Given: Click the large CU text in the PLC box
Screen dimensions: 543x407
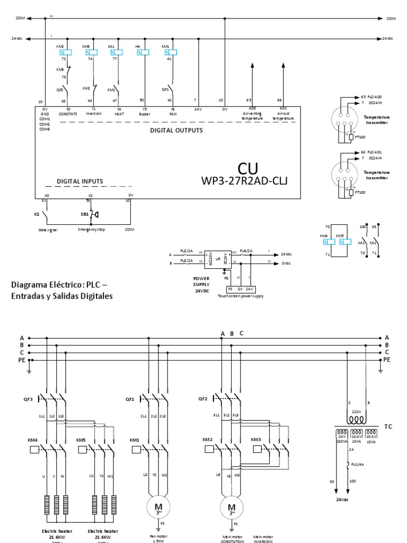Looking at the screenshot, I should click(247, 169).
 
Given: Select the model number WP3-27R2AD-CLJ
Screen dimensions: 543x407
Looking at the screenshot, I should click(245, 182).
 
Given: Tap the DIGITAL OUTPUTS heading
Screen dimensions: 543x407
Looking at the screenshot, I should click(176, 130).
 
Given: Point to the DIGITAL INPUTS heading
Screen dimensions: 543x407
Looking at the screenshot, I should click(80, 181).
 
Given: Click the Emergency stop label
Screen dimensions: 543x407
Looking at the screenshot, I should click(91, 230).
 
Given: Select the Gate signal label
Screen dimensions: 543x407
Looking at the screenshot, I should click(48, 230).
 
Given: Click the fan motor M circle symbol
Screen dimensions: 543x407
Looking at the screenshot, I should click(158, 508).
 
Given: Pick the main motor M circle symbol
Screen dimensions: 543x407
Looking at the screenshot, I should click(231, 508).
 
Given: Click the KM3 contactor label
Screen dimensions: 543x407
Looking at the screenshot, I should click(256, 440).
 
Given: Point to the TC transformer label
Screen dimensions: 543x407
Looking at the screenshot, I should click(388, 426).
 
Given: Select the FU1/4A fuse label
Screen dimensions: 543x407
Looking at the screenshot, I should click(359, 466).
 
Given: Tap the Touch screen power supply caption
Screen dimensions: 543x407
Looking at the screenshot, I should click(241, 296).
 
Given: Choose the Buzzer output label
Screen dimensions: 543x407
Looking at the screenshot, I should click(141, 113).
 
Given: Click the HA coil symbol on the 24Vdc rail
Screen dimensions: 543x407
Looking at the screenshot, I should click(144, 52).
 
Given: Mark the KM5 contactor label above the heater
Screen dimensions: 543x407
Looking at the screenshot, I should click(81, 440).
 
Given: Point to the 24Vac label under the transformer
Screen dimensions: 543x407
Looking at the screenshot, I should click(342, 499).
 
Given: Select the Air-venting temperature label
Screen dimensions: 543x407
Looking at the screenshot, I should click(252, 116).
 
